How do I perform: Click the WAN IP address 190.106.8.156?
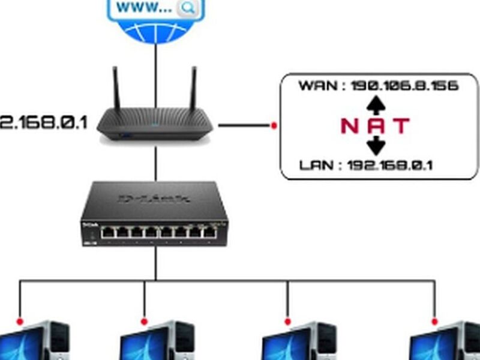point(405,86)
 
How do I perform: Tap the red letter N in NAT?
point(349,126)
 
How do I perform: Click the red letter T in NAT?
point(401,126)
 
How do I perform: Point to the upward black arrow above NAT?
point(376,105)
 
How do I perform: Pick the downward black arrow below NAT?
point(376,145)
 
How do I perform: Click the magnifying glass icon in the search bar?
point(188,8)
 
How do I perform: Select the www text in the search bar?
point(145,7)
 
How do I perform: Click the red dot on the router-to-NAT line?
point(274,125)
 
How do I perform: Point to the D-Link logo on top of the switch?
point(155,198)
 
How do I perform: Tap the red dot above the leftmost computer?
point(20,322)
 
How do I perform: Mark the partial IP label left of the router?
point(43,123)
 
